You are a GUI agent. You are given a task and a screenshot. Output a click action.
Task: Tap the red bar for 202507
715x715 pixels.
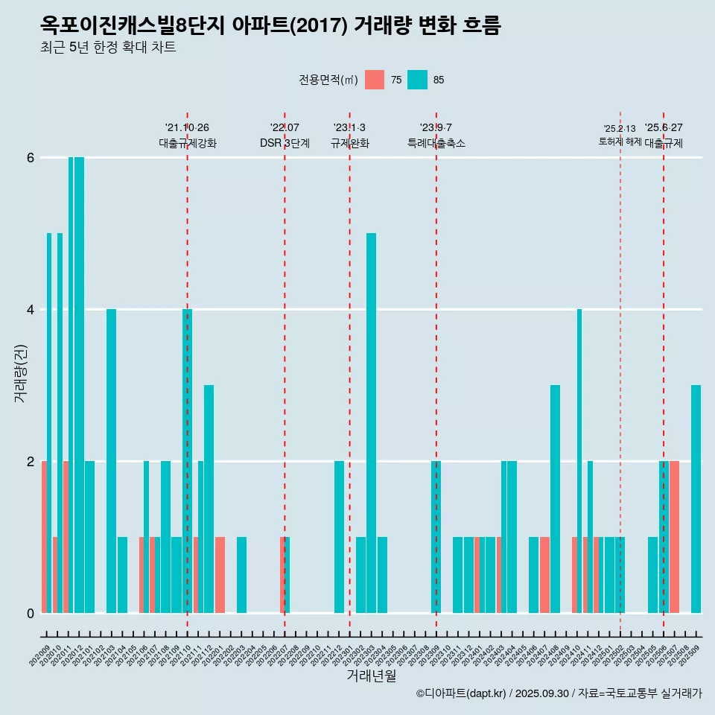coord(674,537)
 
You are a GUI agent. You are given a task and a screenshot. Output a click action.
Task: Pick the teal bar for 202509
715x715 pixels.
coord(696,499)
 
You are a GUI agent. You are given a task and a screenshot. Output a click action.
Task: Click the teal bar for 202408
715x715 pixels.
coord(555,499)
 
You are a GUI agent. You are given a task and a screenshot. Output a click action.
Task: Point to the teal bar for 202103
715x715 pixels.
coord(111,461)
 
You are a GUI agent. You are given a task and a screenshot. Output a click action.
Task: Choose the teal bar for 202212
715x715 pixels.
coord(339,537)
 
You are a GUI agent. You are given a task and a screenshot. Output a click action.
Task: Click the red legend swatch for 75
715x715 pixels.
coord(375,80)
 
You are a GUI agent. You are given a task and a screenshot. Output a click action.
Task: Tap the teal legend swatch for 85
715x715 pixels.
coord(417,80)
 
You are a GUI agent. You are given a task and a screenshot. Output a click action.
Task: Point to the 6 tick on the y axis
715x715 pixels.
coord(31,158)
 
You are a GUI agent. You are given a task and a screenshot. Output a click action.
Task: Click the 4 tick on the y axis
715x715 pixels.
coord(31,310)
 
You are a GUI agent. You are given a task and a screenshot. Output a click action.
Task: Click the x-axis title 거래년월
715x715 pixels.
coord(371,676)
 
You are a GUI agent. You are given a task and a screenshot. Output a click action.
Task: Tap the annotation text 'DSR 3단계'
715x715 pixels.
coord(285,143)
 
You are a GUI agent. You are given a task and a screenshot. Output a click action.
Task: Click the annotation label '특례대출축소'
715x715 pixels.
coord(436,143)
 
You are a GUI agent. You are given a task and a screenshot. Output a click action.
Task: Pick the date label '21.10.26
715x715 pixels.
coord(187,127)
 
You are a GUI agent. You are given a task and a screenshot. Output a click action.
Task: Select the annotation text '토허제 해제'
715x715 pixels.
coord(620,142)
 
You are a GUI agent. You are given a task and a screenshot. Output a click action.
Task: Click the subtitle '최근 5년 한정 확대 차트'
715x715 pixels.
coord(108,48)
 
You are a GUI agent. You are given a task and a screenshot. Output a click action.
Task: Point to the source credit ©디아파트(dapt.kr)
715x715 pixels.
coord(462,693)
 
